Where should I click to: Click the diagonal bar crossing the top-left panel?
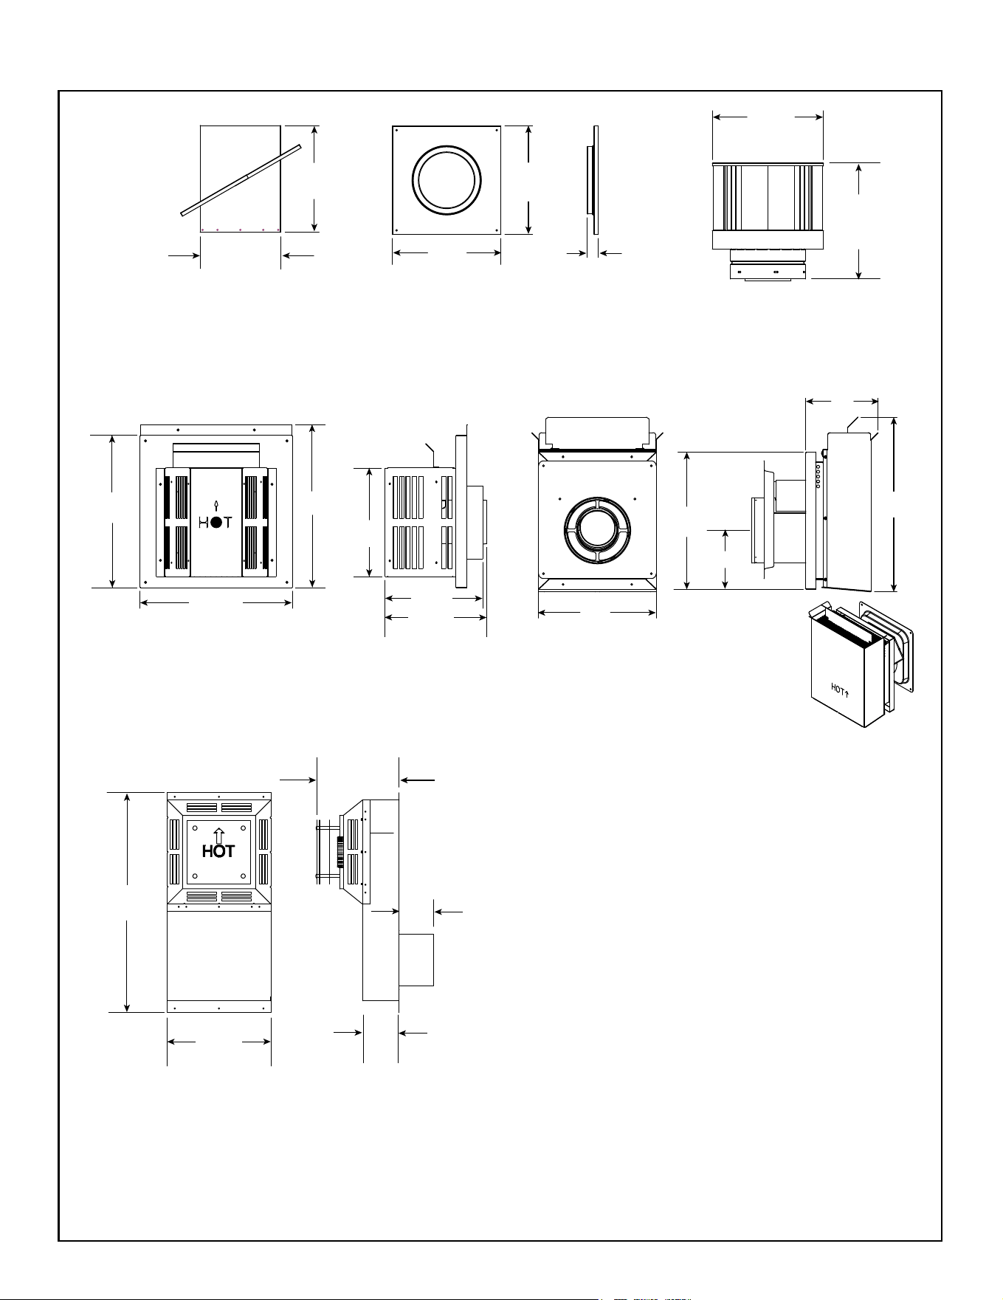[242, 179]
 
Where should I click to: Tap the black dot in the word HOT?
[216, 522]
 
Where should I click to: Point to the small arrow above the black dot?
[216, 506]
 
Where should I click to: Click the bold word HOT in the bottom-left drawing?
[218, 851]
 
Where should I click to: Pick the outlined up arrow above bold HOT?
[218, 835]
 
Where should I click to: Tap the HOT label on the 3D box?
[840, 690]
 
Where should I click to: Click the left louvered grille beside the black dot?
[177, 522]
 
